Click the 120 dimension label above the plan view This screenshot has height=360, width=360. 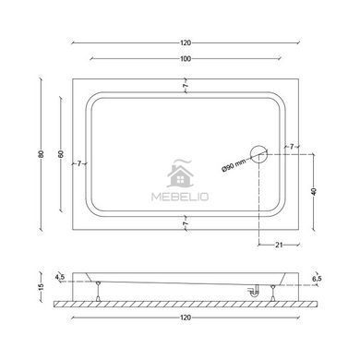tap(186, 42)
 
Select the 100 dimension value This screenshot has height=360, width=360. tap(186, 58)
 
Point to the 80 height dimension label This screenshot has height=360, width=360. tap(42, 154)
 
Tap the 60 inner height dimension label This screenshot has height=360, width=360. tap(61, 154)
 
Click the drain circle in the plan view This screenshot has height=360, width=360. tap(258, 154)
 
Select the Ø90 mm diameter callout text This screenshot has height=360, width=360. tap(234, 165)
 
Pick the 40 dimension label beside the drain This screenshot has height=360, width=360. tap(314, 191)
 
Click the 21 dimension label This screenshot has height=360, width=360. tap(279, 245)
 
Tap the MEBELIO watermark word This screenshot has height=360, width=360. tap(180, 197)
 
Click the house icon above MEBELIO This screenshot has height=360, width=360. tap(180, 174)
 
